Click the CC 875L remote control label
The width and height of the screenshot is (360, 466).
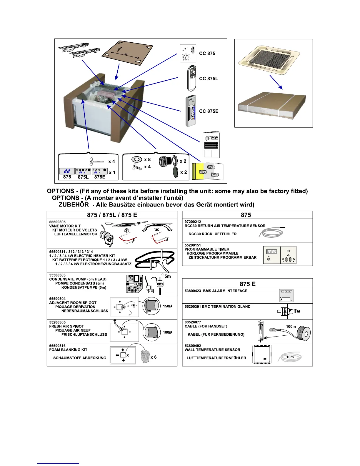[209, 79]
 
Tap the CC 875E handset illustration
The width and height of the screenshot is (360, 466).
[191, 111]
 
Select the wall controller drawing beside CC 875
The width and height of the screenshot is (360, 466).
[188, 53]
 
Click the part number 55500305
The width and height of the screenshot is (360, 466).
[57, 222]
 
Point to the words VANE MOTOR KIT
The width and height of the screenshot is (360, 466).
[65, 226]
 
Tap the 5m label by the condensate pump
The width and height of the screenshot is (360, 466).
[167, 276]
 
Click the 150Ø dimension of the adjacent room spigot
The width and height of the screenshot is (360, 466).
[167, 306]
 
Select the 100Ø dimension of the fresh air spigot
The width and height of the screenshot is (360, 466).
[167, 332]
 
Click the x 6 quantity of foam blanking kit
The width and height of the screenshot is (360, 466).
[154, 357]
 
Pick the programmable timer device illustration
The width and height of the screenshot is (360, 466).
[279, 255]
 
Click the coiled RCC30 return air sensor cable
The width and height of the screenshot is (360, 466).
[271, 233]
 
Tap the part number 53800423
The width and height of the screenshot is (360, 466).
[193, 291]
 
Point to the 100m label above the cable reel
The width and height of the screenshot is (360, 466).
[291, 326]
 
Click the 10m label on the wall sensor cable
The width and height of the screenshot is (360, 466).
[290, 357]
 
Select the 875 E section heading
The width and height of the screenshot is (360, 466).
[247, 284]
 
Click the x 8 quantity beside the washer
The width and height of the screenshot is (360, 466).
[147, 159]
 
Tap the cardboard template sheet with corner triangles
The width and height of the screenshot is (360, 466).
[127, 53]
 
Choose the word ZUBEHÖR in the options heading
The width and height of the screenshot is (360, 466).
[74, 204]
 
